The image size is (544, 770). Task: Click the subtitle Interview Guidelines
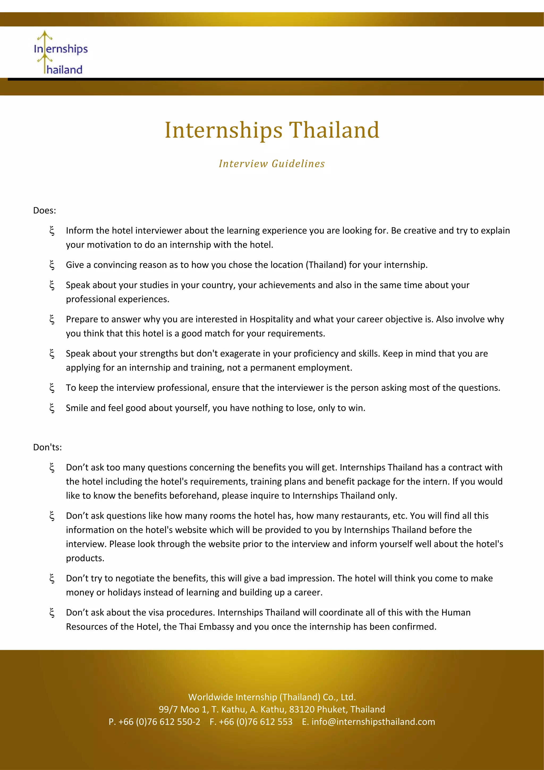coord(272,164)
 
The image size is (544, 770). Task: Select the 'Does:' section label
coord(45,211)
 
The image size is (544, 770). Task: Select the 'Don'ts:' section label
coord(47,447)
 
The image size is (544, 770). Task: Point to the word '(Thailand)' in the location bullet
coord(326,265)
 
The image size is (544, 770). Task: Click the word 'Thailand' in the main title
coord(334,130)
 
